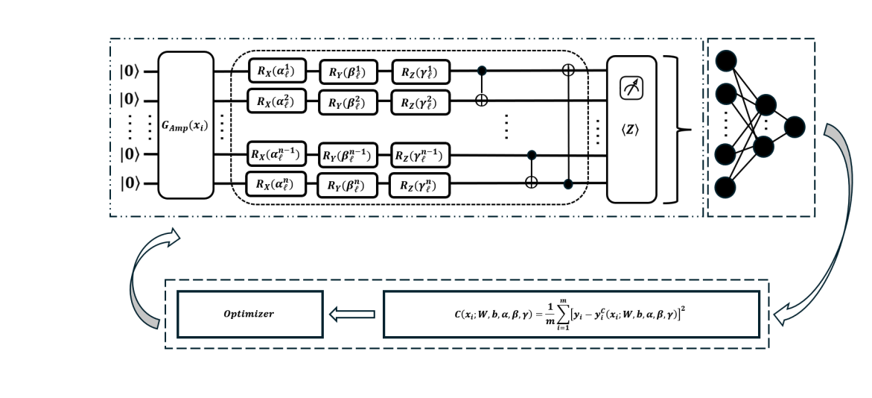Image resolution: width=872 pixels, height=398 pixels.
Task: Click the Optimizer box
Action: pos(249,314)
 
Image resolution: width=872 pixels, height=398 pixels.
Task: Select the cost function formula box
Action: pos(570,314)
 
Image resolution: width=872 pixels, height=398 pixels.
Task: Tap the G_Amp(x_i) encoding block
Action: pos(186,126)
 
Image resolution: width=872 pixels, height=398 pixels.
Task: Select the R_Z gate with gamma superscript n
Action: pos(421,183)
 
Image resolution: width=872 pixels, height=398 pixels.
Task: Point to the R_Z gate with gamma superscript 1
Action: pos(421,71)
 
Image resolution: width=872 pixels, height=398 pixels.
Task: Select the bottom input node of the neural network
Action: pos(727,186)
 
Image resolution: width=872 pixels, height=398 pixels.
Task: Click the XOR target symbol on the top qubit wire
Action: pos(570,71)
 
